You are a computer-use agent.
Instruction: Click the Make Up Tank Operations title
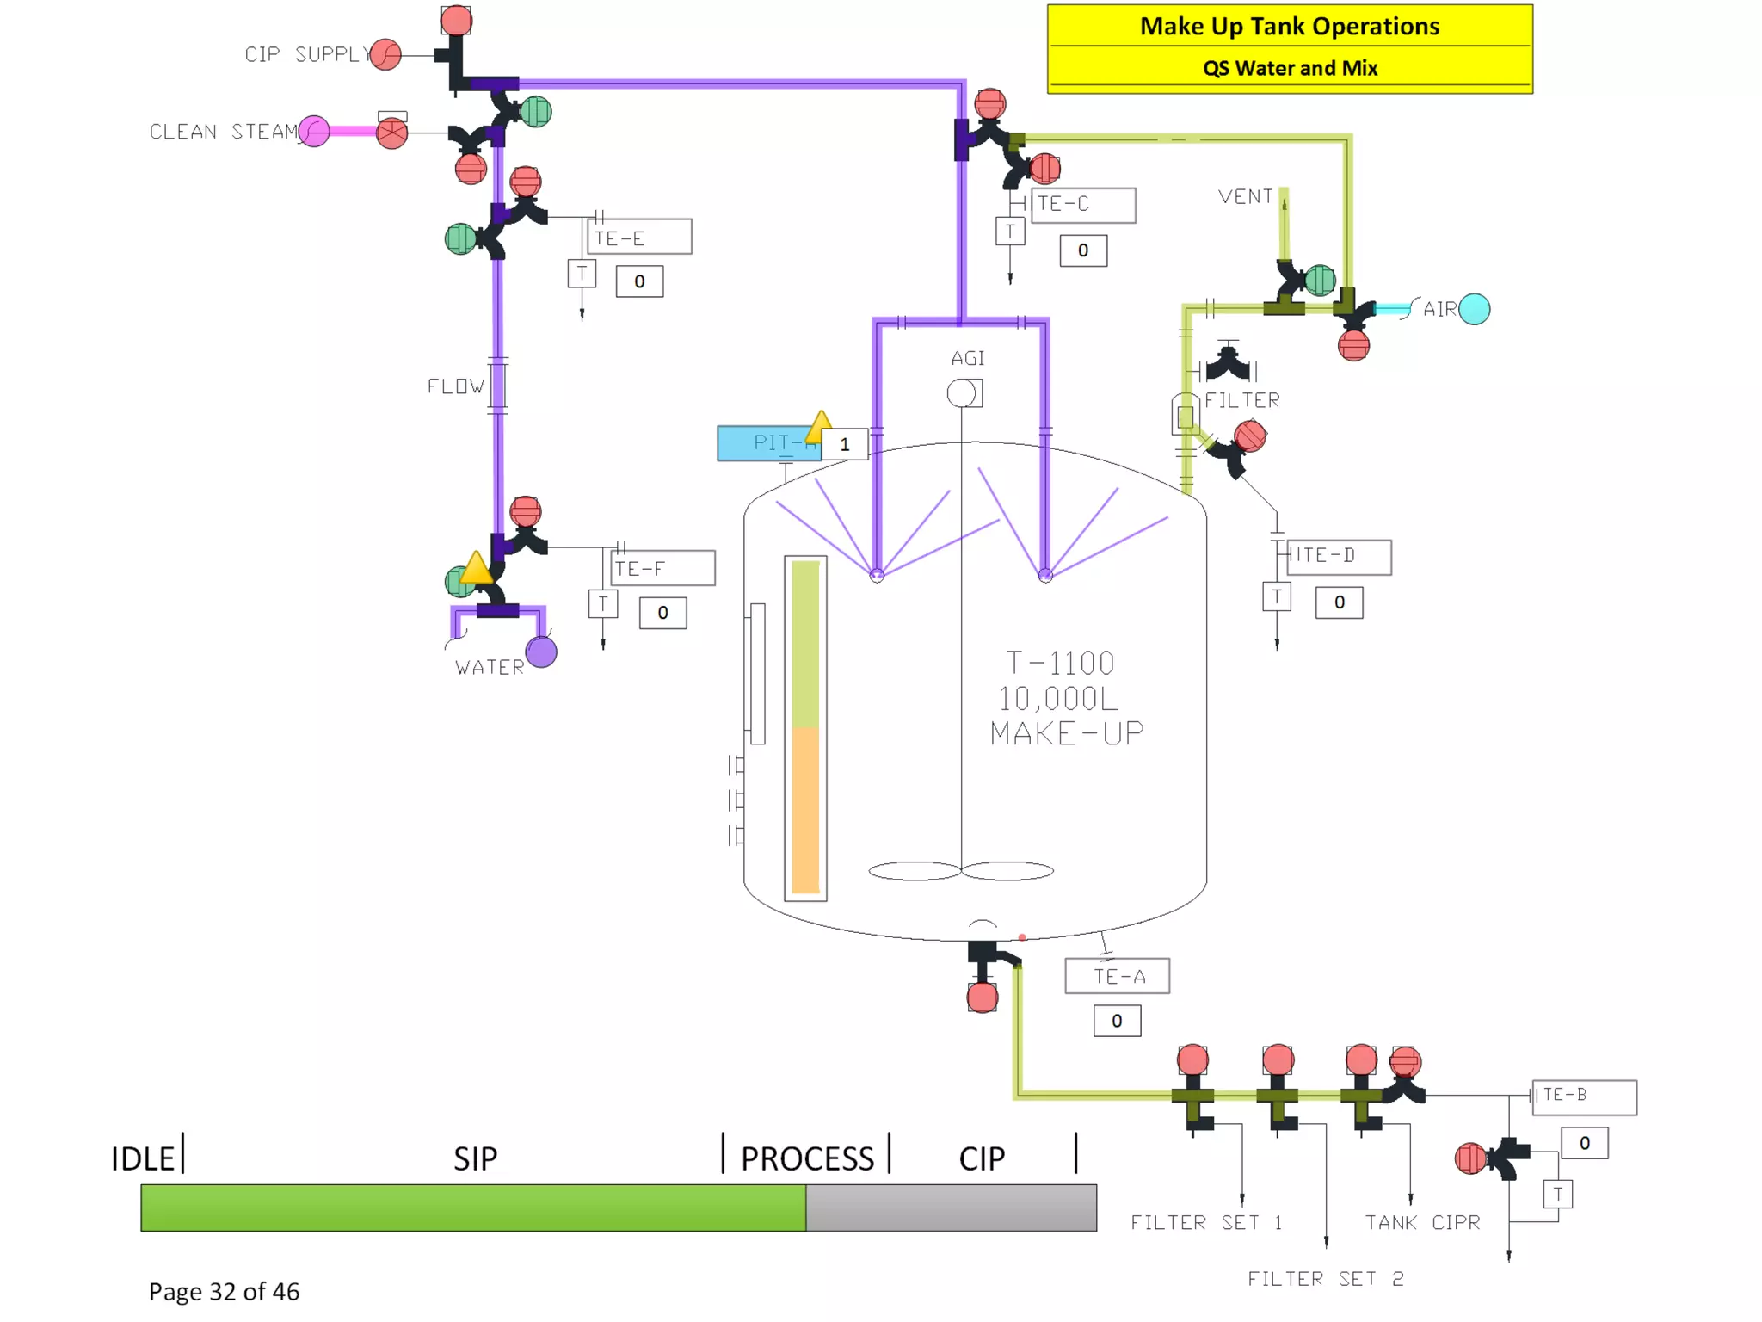1289,27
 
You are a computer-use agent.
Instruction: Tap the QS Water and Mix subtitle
1289,68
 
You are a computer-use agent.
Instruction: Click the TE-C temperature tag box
1083,205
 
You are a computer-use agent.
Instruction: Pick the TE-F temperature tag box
662,568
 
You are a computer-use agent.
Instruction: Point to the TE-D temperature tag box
1339,556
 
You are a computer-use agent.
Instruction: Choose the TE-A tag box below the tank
1117,976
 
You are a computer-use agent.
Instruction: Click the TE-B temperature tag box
1584,1097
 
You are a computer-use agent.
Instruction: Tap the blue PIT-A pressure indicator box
768,443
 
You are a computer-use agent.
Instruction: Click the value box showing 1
844,444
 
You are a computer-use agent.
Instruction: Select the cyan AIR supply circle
1474,309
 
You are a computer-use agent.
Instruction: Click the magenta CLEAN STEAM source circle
314,132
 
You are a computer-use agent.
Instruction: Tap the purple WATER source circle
541,652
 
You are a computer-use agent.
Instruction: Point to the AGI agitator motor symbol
963,393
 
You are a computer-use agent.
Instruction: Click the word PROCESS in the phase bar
807,1158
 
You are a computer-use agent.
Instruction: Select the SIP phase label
475,1158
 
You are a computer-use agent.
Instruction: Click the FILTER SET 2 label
1325,1279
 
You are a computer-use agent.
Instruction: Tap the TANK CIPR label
1422,1223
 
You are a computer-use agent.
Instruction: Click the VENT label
1244,197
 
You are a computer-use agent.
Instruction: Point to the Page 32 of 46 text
224,1291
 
